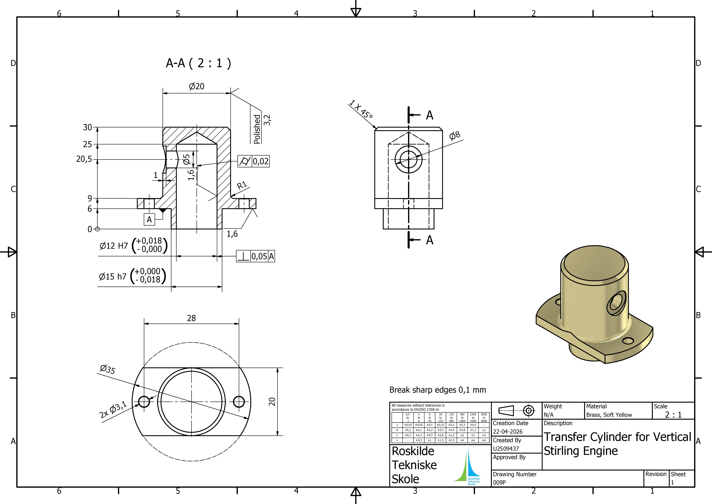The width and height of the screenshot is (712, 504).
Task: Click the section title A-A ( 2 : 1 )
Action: click(x=198, y=63)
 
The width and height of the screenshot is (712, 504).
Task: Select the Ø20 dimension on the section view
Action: click(x=197, y=86)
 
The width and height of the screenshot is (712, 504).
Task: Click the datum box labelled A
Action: click(x=149, y=220)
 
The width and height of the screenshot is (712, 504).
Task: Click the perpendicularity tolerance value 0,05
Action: click(x=259, y=256)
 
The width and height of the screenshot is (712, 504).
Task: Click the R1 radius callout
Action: click(x=242, y=185)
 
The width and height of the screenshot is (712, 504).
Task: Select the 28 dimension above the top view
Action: click(x=191, y=318)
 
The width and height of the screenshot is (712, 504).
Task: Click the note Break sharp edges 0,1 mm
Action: click(x=438, y=390)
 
